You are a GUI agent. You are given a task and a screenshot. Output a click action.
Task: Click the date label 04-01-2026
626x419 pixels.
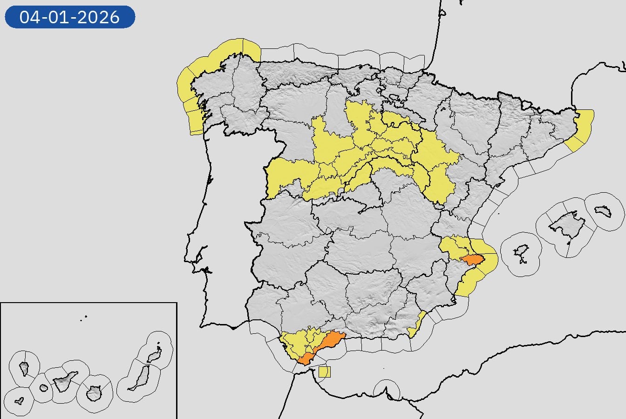[70, 17]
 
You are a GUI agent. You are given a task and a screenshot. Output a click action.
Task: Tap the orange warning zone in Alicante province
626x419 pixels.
[473, 262]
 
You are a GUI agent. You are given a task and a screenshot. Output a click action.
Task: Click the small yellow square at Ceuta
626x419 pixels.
[325, 372]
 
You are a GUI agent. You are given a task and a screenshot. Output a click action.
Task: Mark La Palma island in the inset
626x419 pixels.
[24, 368]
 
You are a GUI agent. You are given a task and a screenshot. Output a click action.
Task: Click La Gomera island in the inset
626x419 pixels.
[44, 388]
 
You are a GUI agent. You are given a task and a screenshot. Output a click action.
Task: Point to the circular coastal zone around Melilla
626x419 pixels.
[387, 390]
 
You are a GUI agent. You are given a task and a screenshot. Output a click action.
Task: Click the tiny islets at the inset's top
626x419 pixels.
[84, 318]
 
